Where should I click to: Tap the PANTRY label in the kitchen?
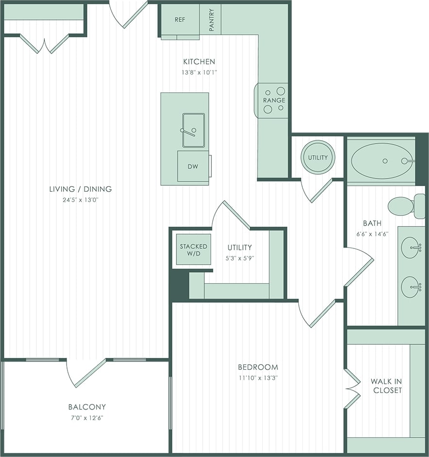[x=211, y=20]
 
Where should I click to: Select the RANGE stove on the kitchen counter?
[x=274, y=100]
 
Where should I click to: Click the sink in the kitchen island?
[x=193, y=130]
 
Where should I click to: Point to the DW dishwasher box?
[x=193, y=166]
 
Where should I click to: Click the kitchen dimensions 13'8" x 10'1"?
[x=199, y=72]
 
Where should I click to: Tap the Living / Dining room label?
[x=81, y=189]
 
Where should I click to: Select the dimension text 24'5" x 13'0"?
[x=81, y=199]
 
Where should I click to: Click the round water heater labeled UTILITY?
[x=318, y=157]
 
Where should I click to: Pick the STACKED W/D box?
[x=193, y=250]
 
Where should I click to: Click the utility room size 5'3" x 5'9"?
[x=240, y=258]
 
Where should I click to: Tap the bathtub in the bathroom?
[x=382, y=161]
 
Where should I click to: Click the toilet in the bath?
[x=403, y=206]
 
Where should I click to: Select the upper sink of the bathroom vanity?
[x=411, y=248]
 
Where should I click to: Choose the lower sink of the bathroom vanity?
[x=411, y=287]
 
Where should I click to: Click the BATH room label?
[x=372, y=223]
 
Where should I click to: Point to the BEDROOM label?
[x=258, y=367]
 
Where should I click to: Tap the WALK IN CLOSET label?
[x=386, y=386]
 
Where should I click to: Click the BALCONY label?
[x=87, y=407]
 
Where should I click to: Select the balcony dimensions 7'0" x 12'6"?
[x=87, y=417]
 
